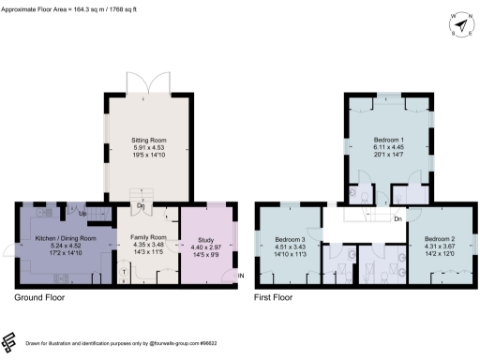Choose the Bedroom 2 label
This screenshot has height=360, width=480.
[x=440, y=239]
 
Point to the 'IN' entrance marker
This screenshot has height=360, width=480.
[x=240, y=276]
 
